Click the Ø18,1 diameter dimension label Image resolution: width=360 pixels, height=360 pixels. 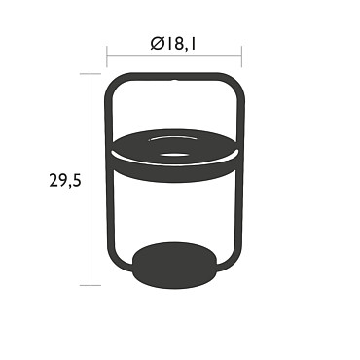tap(173, 44)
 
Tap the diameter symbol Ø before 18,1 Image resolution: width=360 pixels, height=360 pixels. tap(157, 44)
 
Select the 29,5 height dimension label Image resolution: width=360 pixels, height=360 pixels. tap(65, 180)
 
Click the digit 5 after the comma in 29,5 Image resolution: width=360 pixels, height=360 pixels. tap(75, 180)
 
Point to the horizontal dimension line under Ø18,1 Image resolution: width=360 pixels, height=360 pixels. tap(174, 56)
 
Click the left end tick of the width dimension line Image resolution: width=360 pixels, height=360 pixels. tap(107, 56)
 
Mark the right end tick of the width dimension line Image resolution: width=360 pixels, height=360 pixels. tap(241, 56)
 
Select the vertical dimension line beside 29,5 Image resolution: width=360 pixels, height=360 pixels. tap(90, 180)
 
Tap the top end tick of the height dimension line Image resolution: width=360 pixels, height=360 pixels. tap(90, 74)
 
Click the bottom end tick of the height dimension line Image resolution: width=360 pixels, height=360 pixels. tap(90, 286)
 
